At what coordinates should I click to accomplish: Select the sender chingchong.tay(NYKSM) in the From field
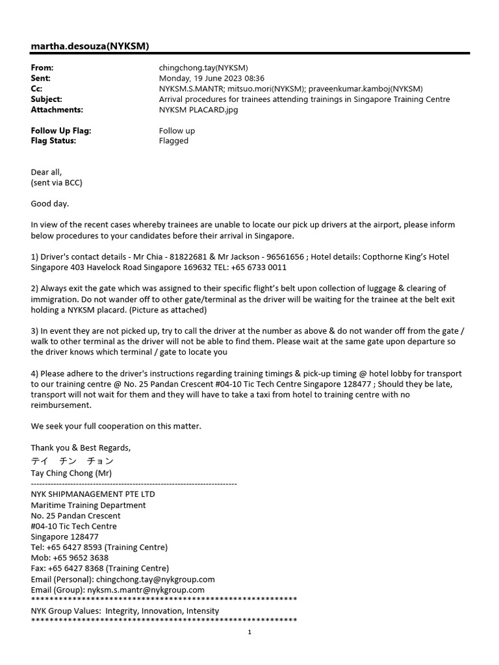[203, 68]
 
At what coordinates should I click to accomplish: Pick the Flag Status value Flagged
[173, 141]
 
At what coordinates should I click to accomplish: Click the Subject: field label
[47, 99]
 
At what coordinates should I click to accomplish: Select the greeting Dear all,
[46, 172]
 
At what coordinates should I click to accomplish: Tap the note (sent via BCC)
[57, 182]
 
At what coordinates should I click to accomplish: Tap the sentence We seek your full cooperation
[116, 426]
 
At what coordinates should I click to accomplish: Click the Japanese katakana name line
[72, 461]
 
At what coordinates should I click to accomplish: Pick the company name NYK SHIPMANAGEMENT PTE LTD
[93, 494]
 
